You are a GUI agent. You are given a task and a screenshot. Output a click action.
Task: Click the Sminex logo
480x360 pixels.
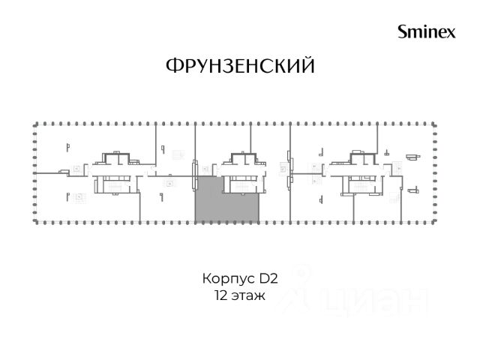pos(427,31)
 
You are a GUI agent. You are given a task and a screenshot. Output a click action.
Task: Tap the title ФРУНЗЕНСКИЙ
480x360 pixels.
pos(240,65)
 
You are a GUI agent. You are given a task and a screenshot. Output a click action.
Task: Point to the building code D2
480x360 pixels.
pos(268,278)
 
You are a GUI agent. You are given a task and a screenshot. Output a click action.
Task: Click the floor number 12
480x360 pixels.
pos(220,296)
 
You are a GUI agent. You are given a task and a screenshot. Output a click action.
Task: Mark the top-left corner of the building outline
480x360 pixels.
pos(35,124)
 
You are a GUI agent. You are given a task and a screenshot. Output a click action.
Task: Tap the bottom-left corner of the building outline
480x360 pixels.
pos(35,222)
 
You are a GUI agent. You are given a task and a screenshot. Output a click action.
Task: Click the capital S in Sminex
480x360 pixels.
pos(402,31)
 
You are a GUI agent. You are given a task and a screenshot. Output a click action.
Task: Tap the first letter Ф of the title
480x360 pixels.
pos(173,65)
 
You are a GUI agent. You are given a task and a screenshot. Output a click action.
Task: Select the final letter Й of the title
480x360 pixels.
pos(307,64)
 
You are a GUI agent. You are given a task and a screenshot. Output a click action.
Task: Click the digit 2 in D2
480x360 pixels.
pos(274,278)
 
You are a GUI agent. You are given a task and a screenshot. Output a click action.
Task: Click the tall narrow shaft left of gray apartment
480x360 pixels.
pos(194,175)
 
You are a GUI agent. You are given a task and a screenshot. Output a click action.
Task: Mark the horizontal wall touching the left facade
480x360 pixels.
pos(51,173)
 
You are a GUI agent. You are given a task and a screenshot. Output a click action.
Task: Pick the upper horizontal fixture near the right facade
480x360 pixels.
pos(413,157)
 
